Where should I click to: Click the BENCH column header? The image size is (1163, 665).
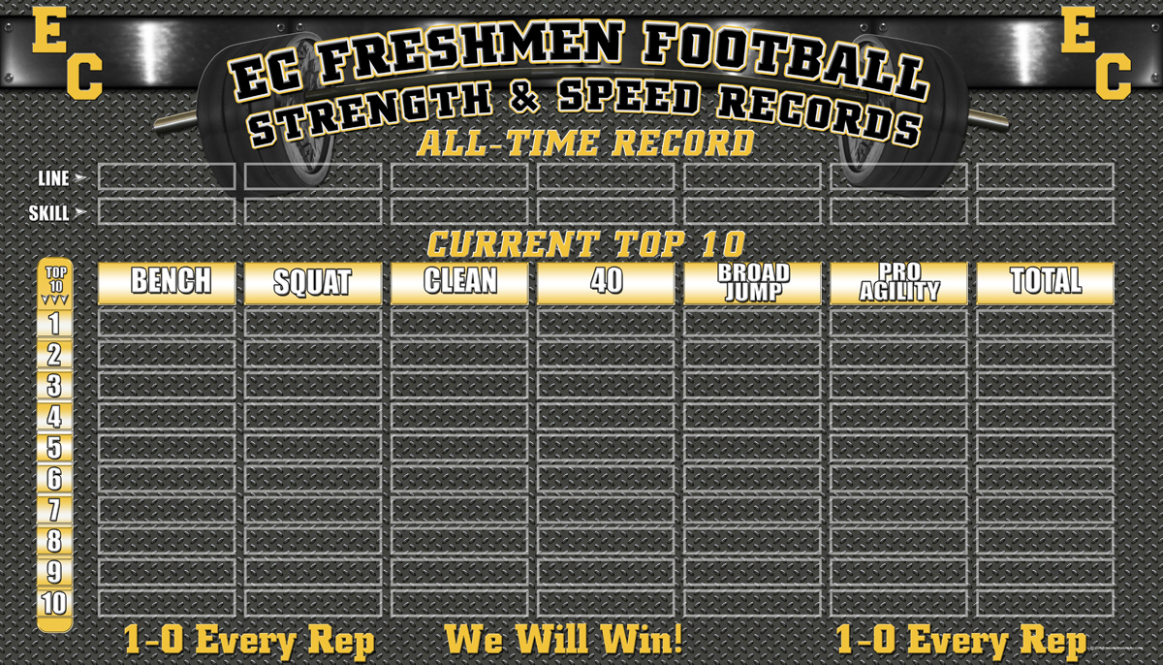pyautogui.click(x=167, y=283)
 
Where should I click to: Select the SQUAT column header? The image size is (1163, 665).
pyautogui.click(x=313, y=283)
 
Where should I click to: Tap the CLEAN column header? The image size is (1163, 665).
pyautogui.click(x=459, y=283)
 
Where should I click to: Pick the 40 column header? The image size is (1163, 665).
pyautogui.click(x=606, y=283)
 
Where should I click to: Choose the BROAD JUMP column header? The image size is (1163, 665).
pyautogui.click(x=752, y=283)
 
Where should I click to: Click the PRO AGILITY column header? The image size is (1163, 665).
pyautogui.click(x=898, y=283)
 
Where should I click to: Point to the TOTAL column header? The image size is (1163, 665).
pyautogui.click(x=1045, y=283)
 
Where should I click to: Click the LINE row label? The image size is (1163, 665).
pyautogui.click(x=53, y=178)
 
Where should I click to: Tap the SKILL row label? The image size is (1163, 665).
pyautogui.click(x=48, y=213)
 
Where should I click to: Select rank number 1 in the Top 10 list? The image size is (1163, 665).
pyautogui.click(x=54, y=325)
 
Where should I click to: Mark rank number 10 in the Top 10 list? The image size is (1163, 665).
pyautogui.click(x=54, y=603)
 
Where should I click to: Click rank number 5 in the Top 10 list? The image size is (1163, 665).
pyautogui.click(x=54, y=448)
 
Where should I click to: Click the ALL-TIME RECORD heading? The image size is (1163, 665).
pyautogui.click(x=585, y=143)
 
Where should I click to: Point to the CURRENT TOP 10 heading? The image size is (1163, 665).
pyautogui.click(x=586, y=243)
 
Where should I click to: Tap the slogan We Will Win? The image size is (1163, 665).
pyautogui.click(x=564, y=639)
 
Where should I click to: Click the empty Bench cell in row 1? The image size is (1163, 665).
pyautogui.click(x=167, y=324)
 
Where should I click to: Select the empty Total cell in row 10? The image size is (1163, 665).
pyautogui.click(x=1045, y=603)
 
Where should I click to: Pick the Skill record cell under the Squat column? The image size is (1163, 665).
pyautogui.click(x=313, y=211)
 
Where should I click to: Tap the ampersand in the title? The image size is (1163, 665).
pyautogui.click(x=524, y=97)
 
